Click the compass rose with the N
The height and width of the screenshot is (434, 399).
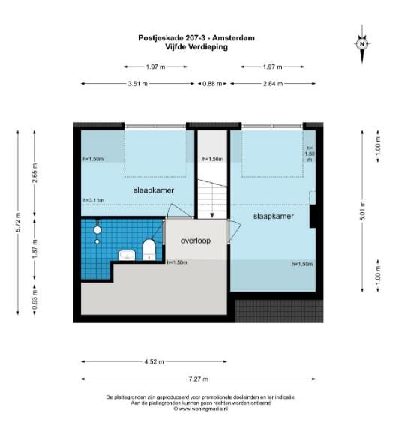pos(362,43)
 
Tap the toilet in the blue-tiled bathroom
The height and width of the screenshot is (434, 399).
pos(148,250)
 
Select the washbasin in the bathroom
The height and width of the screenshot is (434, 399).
pos(127,256)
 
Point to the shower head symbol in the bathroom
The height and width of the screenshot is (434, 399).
pos(97,230)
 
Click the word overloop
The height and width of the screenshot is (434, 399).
pos(196,242)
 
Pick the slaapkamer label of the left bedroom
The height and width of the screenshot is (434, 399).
pos(154,190)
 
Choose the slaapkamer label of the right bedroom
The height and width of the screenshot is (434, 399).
pos(272,216)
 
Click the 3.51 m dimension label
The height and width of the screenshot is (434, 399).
pos(139,84)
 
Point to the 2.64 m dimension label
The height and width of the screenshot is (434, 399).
pos(273,84)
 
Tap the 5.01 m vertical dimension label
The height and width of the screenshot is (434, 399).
pos(364,209)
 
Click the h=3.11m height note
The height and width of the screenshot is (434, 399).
pos(93,201)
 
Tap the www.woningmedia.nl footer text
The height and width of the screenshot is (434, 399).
pos(199,409)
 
